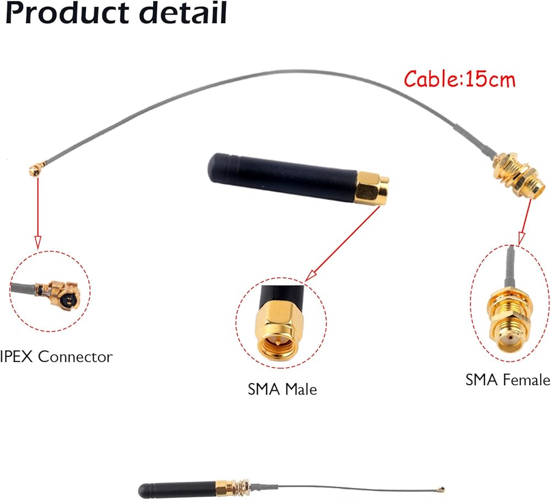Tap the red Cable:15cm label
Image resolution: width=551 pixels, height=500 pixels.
[460, 79]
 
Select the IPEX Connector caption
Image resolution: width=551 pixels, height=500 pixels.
[56, 357]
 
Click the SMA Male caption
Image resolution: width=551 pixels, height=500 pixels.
[282, 389]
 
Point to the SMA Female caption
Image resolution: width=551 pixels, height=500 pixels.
[507, 379]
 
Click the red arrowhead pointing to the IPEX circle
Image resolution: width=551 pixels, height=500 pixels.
[38, 241]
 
